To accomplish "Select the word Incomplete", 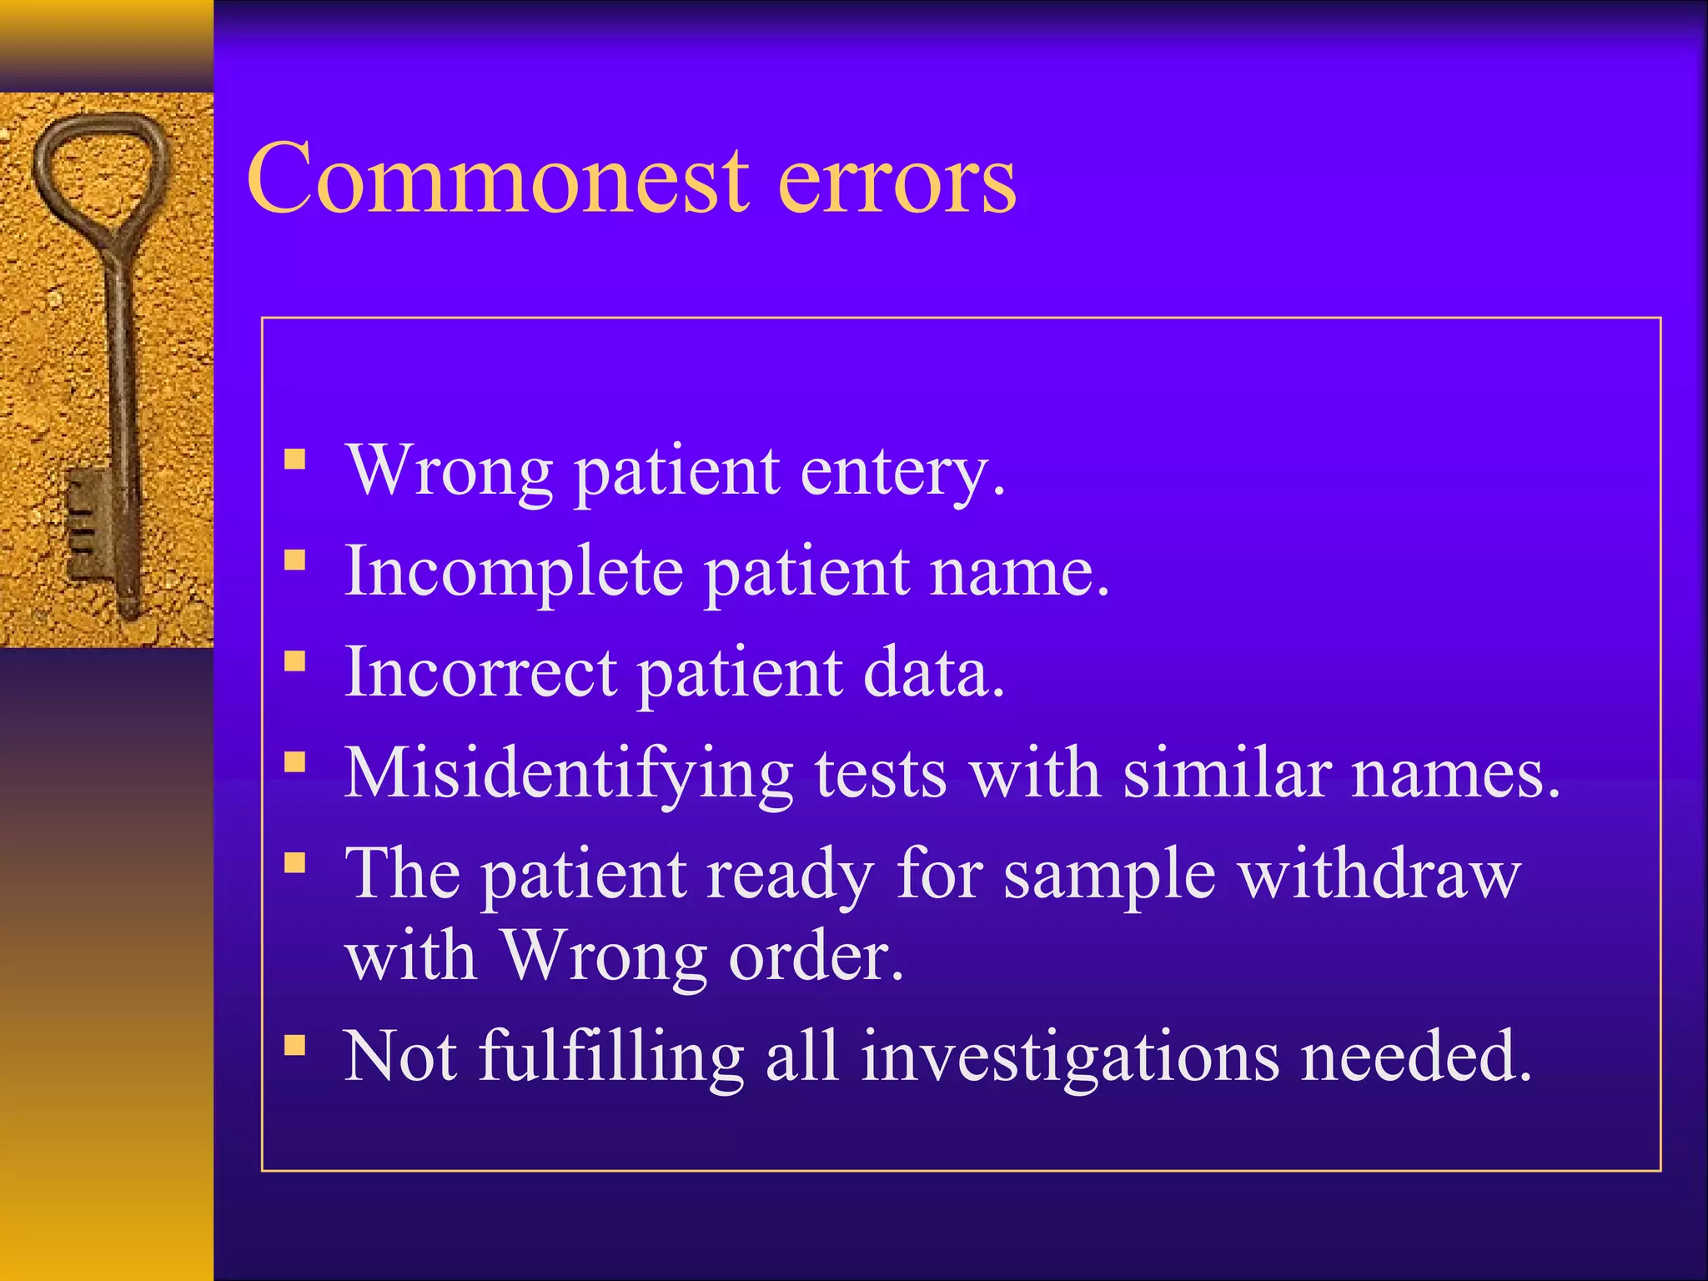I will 513,574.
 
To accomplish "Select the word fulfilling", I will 611,1057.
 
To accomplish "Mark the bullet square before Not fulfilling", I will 294,1045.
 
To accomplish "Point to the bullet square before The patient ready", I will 294,862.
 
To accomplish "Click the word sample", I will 1108,876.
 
